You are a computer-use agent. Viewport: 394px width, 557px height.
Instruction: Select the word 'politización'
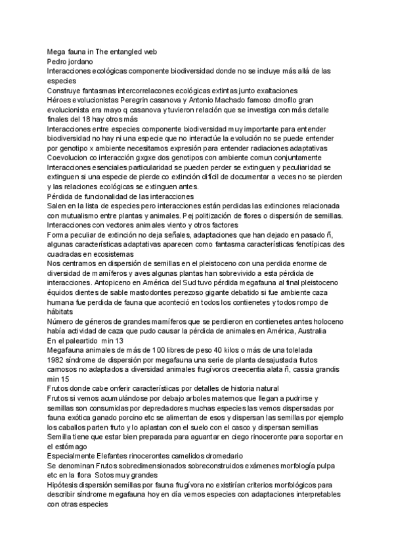click(225, 217)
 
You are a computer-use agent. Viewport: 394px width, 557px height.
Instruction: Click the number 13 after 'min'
click(118, 342)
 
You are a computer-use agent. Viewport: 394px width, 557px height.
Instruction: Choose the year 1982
click(57, 360)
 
